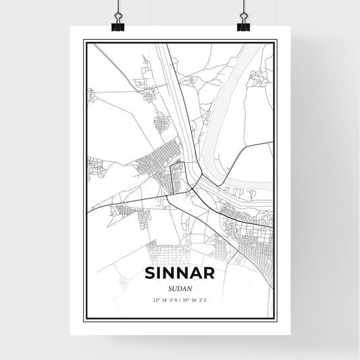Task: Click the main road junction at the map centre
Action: pos(194,190)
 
